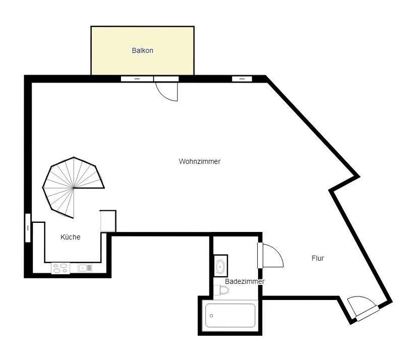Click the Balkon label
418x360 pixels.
[x=142, y=50]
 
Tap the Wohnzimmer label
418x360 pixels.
[x=200, y=161]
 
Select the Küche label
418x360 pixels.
[x=71, y=237]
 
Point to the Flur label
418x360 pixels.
[x=318, y=258]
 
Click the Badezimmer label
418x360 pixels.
[x=245, y=281]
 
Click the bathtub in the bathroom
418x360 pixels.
[x=230, y=316]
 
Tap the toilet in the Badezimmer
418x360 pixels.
[x=221, y=290]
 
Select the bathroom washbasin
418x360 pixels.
[x=221, y=266]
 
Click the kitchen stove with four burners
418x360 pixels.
[x=61, y=268]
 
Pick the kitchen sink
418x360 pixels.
[x=85, y=268]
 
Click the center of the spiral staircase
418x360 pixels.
[x=73, y=188]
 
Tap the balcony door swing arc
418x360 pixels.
[x=163, y=93]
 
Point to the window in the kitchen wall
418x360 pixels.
[x=28, y=228]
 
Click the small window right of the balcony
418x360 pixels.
[x=242, y=79]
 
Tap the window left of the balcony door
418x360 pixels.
[x=137, y=79]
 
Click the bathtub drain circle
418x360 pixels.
[x=211, y=316]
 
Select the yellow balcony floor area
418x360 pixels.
[x=142, y=50]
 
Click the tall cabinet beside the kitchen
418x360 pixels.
[x=108, y=221]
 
